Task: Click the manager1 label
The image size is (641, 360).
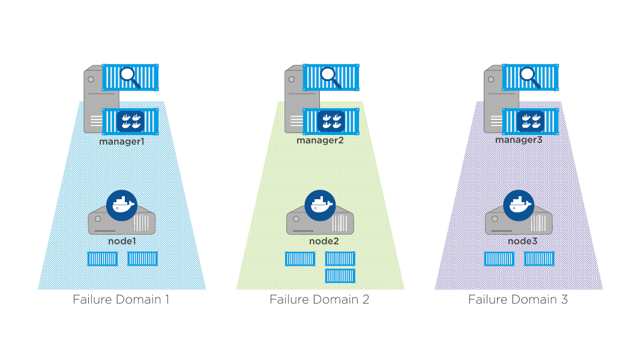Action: [122, 143]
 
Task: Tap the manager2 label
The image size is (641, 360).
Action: [319, 140]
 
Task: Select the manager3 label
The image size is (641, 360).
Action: [519, 140]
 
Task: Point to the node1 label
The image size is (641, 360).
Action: [122, 241]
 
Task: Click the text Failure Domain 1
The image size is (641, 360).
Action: [121, 299]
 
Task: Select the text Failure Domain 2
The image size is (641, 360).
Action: [319, 299]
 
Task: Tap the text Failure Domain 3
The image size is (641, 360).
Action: [518, 299]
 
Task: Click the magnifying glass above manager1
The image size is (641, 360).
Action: [129, 76]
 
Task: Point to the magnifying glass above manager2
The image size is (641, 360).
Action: [329, 76]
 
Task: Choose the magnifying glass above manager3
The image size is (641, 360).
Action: [528, 76]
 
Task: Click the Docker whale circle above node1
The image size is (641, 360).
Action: [122, 205]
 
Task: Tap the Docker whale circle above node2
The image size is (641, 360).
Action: [320, 206]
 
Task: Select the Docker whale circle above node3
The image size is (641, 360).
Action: [519, 205]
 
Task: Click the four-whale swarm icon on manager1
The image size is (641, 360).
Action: [130, 121]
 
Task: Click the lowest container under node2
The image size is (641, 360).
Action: [340, 275]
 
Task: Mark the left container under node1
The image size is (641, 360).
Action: [103, 259]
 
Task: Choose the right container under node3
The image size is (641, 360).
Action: [539, 259]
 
